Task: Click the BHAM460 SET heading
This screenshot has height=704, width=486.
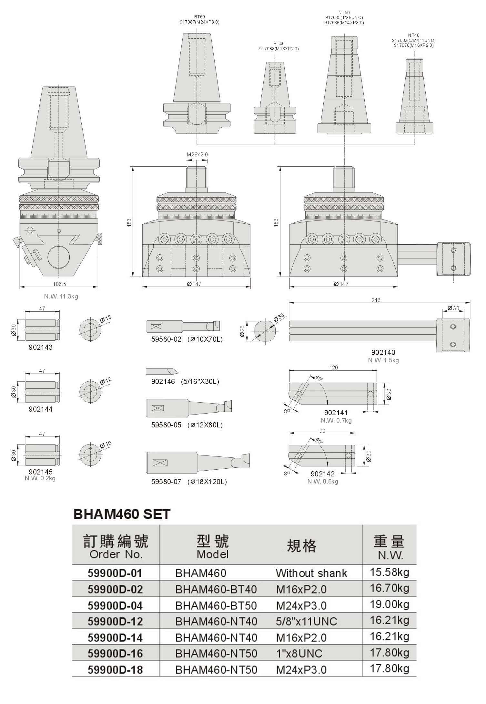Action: [122, 514]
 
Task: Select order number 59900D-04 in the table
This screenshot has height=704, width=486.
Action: [115, 605]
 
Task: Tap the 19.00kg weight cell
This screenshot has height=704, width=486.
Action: [390, 604]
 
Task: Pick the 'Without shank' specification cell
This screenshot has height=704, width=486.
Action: [311, 573]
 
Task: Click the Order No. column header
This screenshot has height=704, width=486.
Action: [116, 554]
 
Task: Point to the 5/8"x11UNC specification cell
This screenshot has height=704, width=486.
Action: [307, 621]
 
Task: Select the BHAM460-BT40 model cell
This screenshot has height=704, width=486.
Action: [216, 589]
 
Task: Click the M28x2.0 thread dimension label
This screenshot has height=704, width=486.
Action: [197, 154]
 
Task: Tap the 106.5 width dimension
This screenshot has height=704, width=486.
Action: [59, 284]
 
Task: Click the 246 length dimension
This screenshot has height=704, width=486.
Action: [376, 300]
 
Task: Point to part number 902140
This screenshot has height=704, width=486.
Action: [383, 352]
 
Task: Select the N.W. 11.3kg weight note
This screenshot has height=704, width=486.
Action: [61, 296]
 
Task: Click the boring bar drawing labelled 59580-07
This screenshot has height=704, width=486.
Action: [198, 463]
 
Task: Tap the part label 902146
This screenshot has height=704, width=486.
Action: [163, 381]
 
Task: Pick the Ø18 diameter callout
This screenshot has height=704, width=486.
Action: [106, 319]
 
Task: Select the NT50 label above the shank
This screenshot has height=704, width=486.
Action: [344, 13]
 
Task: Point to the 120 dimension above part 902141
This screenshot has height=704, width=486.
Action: [333, 367]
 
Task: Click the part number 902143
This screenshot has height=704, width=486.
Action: [41, 347]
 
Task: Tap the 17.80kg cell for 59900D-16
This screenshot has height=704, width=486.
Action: [390, 652]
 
